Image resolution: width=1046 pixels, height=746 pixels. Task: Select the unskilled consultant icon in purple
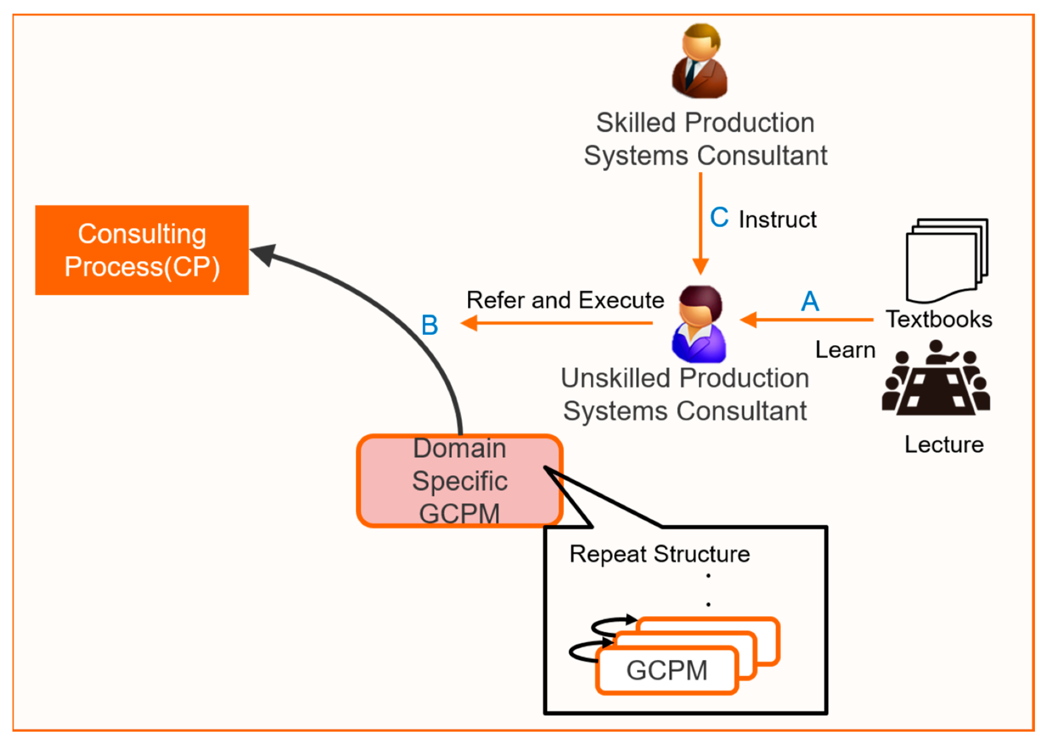point(699,324)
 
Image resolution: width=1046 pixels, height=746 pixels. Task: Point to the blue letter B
point(429,325)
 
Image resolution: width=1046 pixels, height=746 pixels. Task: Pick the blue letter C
point(719,217)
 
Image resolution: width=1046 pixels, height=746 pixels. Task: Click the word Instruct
point(778,220)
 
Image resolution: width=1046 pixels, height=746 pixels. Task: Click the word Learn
point(845,350)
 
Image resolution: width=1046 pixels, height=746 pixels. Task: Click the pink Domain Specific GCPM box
point(459,481)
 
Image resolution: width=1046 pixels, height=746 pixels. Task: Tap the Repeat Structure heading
point(659,554)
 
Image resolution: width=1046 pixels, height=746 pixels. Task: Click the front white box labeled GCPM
point(666,670)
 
